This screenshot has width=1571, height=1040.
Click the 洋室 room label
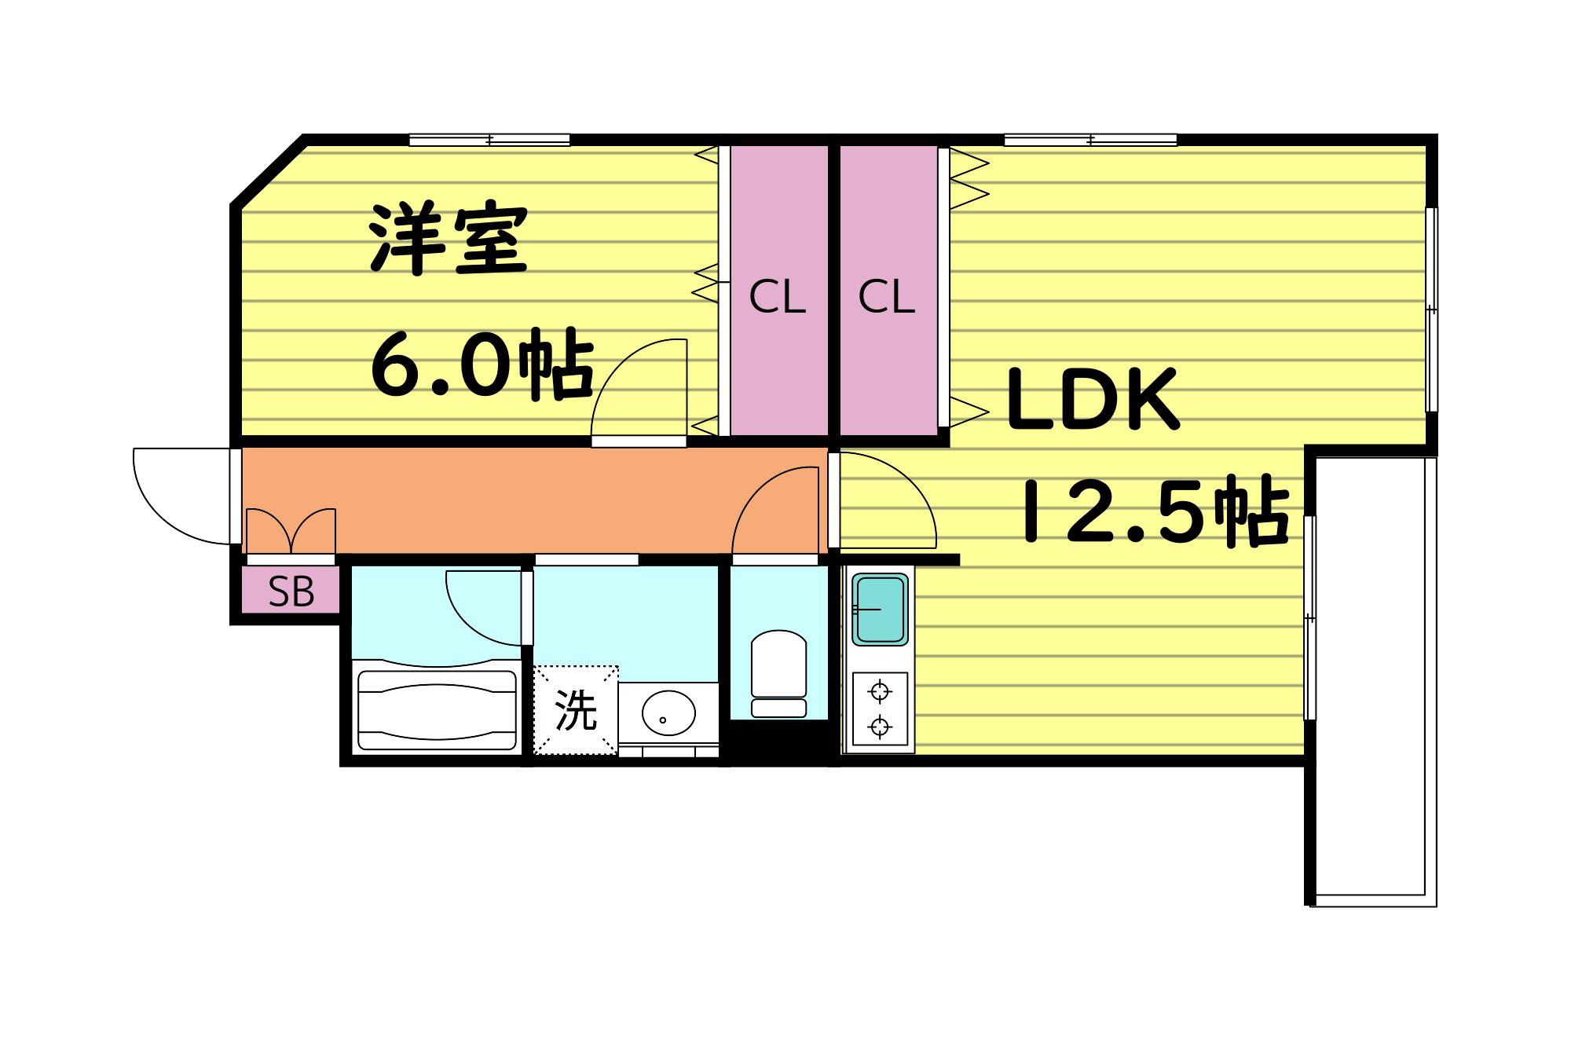[x=448, y=240]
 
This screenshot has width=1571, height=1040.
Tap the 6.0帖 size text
[x=481, y=364]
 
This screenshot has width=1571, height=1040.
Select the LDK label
[x=1093, y=399]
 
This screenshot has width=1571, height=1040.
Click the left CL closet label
[x=777, y=298]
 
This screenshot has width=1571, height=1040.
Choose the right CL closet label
[x=886, y=298]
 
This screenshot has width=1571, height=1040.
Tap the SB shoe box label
[x=291, y=591]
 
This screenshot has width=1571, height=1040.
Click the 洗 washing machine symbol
[x=576, y=710]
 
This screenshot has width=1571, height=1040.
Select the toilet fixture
[x=778, y=674]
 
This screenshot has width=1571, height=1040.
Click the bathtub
[x=437, y=705]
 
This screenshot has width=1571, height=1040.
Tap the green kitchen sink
[x=880, y=610]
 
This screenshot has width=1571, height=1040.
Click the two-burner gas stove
[x=880, y=710]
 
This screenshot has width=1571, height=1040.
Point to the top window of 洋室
[x=489, y=141]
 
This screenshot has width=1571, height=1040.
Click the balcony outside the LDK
[x=1372, y=680]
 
